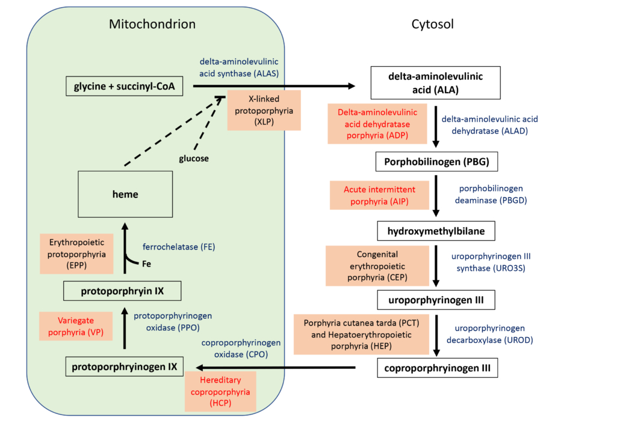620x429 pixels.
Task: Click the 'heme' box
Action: (x=125, y=194)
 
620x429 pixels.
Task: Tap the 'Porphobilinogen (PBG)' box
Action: (x=436, y=162)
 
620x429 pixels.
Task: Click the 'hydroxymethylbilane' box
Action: (x=436, y=231)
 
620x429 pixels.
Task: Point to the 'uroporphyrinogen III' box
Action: (x=436, y=299)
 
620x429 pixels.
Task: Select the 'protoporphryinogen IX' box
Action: (x=124, y=366)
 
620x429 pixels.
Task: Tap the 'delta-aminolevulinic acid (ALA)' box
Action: (x=436, y=82)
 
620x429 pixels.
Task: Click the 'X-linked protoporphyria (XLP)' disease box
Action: (x=256, y=110)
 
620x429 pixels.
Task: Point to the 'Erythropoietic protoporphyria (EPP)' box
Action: (x=76, y=253)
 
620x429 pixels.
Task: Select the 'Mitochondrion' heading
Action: (x=152, y=24)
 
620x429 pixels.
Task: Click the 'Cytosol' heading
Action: (x=432, y=24)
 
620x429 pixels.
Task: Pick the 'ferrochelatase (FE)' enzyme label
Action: (x=179, y=247)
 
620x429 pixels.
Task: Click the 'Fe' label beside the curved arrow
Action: (x=146, y=264)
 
